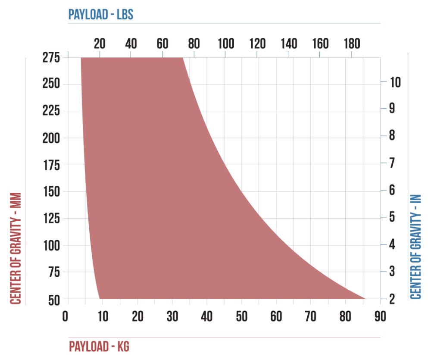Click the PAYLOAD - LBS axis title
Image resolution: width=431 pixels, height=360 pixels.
click(x=101, y=14)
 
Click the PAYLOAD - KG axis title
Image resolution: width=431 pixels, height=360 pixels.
click(x=99, y=346)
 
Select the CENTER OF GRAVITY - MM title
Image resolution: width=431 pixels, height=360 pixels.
click(x=16, y=248)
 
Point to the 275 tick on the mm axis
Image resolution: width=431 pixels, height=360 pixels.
click(x=51, y=57)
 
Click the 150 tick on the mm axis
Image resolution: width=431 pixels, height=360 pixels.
click(x=51, y=192)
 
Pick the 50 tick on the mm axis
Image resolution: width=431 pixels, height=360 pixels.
click(x=54, y=299)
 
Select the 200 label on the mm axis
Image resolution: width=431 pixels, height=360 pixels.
click(x=51, y=138)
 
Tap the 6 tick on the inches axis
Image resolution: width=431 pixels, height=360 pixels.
click(x=393, y=190)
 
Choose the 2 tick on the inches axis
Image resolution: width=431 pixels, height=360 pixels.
click(x=393, y=299)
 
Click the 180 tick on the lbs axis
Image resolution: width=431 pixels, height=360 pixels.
click(x=351, y=44)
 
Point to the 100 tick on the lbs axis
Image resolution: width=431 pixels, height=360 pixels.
click(x=225, y=44)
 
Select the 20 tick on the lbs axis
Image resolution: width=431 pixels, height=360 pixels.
click(x=100, y=44)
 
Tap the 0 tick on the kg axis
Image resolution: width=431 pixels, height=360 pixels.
click(x=66, y=316)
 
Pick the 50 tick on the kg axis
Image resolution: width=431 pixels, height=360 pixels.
click(x=242, y=316)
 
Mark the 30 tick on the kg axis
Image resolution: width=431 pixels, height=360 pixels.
click(x=172, y=316)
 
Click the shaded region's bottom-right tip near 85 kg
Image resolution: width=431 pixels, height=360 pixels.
click(x=364, y=298)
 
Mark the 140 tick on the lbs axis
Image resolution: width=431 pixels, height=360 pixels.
click(x=288, y=44)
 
